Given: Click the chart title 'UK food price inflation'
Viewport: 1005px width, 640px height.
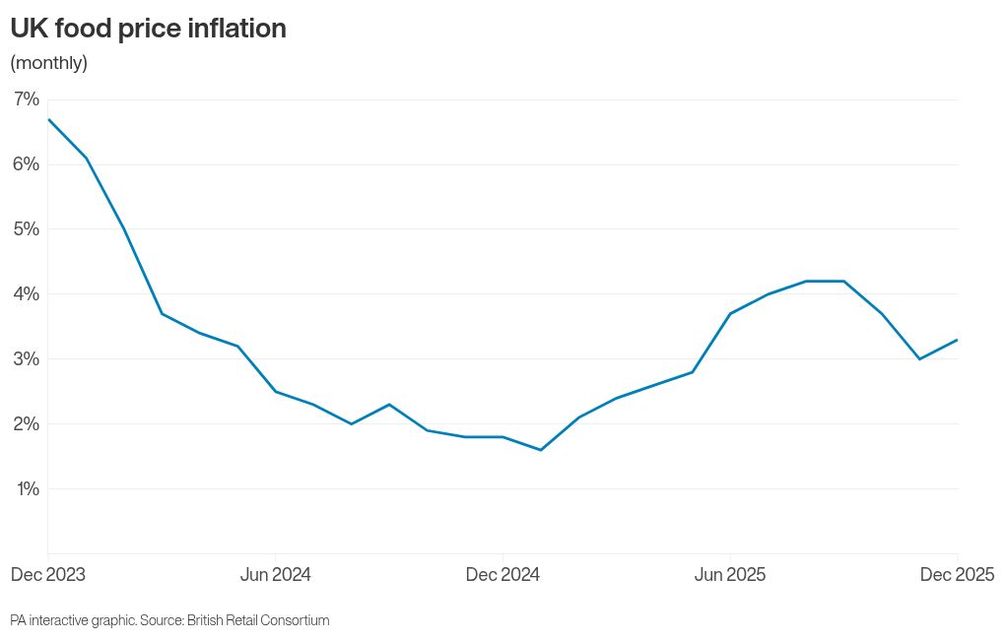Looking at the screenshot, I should pos(148,29).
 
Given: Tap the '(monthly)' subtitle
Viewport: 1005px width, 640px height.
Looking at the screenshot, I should pos(48,63).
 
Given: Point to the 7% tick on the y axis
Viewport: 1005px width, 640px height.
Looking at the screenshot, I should pos(26,99).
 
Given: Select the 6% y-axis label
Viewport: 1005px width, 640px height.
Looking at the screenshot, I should pos(26,164).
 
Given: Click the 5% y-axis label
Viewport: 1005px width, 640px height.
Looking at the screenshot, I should pos(26,229).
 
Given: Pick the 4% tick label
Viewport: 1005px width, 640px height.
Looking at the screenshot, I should pos(26,294).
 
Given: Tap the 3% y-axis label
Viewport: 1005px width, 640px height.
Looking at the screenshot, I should pos(26,359).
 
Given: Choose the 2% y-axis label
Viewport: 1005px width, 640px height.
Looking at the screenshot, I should pos(26,424).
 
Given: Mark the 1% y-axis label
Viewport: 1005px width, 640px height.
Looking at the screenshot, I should pos(26,489).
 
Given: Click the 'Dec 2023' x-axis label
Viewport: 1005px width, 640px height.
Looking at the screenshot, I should pos(48,575).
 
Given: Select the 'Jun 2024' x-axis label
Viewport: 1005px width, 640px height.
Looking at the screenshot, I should pos(275,575).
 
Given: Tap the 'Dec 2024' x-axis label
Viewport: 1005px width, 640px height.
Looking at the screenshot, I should pos(502,575).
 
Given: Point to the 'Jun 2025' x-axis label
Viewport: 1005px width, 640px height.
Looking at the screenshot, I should pos(730,575).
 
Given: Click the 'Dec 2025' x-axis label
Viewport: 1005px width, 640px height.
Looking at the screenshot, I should pos(957,575).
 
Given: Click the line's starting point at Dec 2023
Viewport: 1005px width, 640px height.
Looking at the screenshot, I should pos(48,119).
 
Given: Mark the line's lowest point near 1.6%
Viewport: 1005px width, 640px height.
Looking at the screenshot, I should pos(540,450).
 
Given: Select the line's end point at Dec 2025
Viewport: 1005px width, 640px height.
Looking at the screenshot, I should pos(958,340).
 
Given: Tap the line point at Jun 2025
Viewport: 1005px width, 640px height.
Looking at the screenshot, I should pos(730,313).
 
